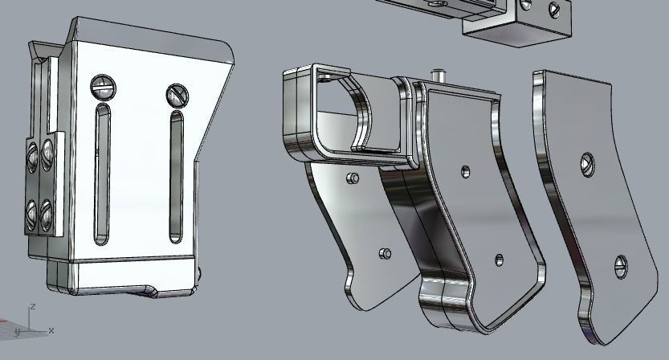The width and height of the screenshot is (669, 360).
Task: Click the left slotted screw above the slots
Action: (x=100, y=84)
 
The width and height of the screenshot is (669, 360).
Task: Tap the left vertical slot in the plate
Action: (x=101, y=174)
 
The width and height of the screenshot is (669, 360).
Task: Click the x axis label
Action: (x=51, y=330)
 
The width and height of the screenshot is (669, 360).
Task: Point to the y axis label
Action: (x=18, y=331)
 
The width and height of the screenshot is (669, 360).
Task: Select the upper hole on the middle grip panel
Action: (x=465, y=171)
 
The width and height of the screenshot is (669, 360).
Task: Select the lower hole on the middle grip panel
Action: (x=499, y=259)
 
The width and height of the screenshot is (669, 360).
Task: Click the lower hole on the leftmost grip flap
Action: (x=385, y=254)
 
